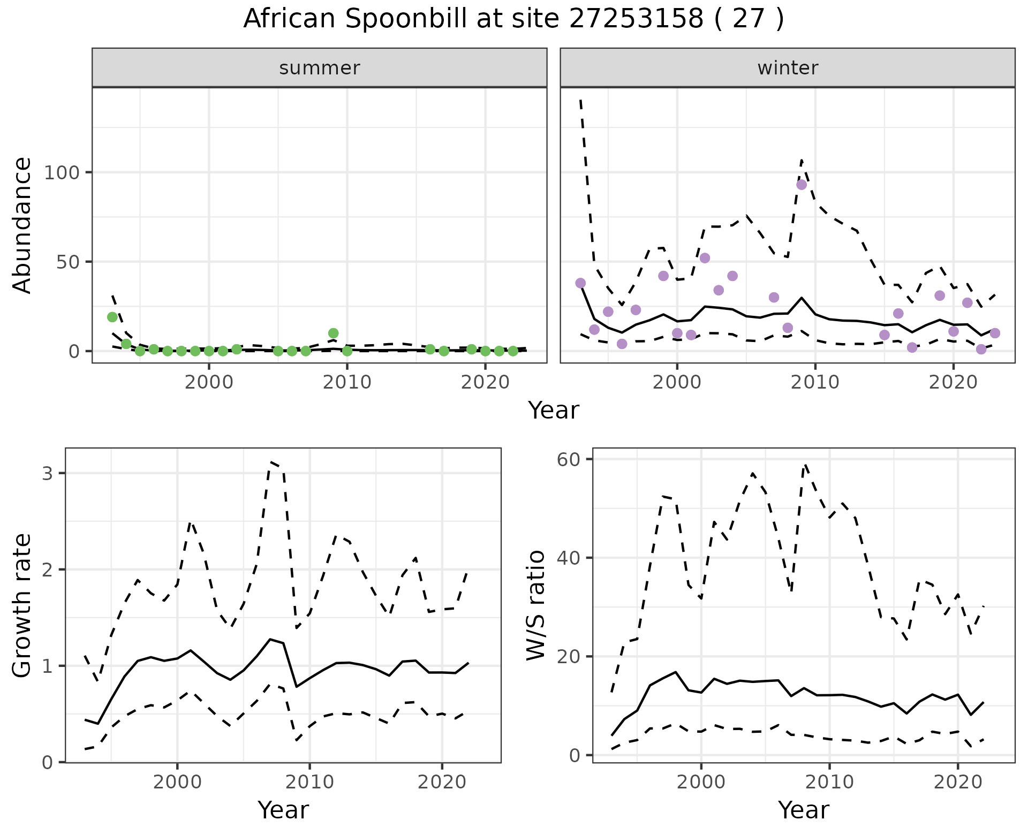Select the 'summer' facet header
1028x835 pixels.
(320, 68)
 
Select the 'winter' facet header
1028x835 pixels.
(788, 68)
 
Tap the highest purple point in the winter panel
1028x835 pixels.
(802, 185)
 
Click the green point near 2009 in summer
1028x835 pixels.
(333, 333)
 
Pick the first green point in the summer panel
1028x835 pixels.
(112, 317)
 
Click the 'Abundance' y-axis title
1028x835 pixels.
(22, 225)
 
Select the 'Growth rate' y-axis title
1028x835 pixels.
(22, 606)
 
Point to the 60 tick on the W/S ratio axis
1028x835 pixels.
(570, 459)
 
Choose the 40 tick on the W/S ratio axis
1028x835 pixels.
(570, 558)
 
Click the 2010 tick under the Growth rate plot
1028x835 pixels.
(309, 782)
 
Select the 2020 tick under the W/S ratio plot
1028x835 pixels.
(958, 782)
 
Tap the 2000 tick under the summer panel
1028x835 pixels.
(209, 382)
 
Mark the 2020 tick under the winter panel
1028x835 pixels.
(953, 382)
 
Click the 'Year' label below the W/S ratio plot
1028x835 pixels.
(804, 810)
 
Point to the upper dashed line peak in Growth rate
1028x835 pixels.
(271, 461)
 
